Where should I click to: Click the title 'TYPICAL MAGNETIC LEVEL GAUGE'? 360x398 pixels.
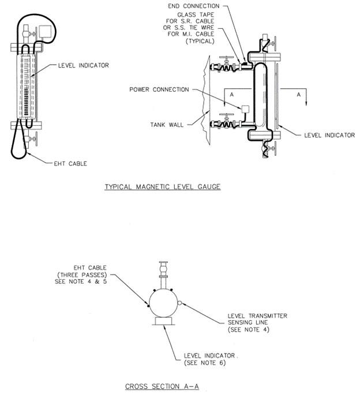[162, 187]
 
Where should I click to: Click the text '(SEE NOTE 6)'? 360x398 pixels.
[202, 363]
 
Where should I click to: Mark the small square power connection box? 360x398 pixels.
[245, 108]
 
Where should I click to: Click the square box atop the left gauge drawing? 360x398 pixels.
[44, 31]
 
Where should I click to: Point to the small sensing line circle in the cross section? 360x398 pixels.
[180, 302]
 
